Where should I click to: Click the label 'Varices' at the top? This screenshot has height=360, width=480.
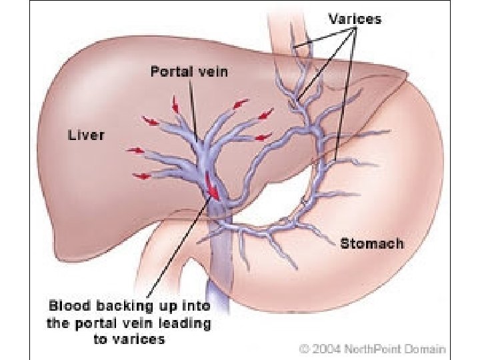point(354,19)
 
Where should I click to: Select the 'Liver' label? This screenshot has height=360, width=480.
point(87,135)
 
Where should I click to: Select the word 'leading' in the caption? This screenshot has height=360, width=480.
point(187,323)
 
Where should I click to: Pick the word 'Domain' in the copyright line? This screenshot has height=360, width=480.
point(426,347)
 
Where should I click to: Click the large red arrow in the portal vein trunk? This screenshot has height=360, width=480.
point(213,187)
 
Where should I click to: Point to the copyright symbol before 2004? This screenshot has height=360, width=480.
point(304,348)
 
